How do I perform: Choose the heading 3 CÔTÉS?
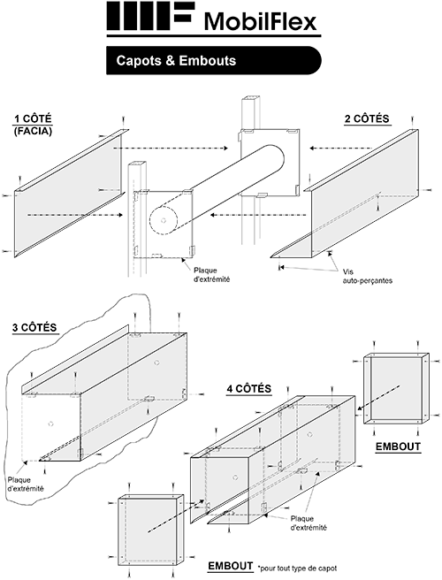click(35, 328)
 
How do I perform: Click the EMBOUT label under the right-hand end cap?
click(397, 447)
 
